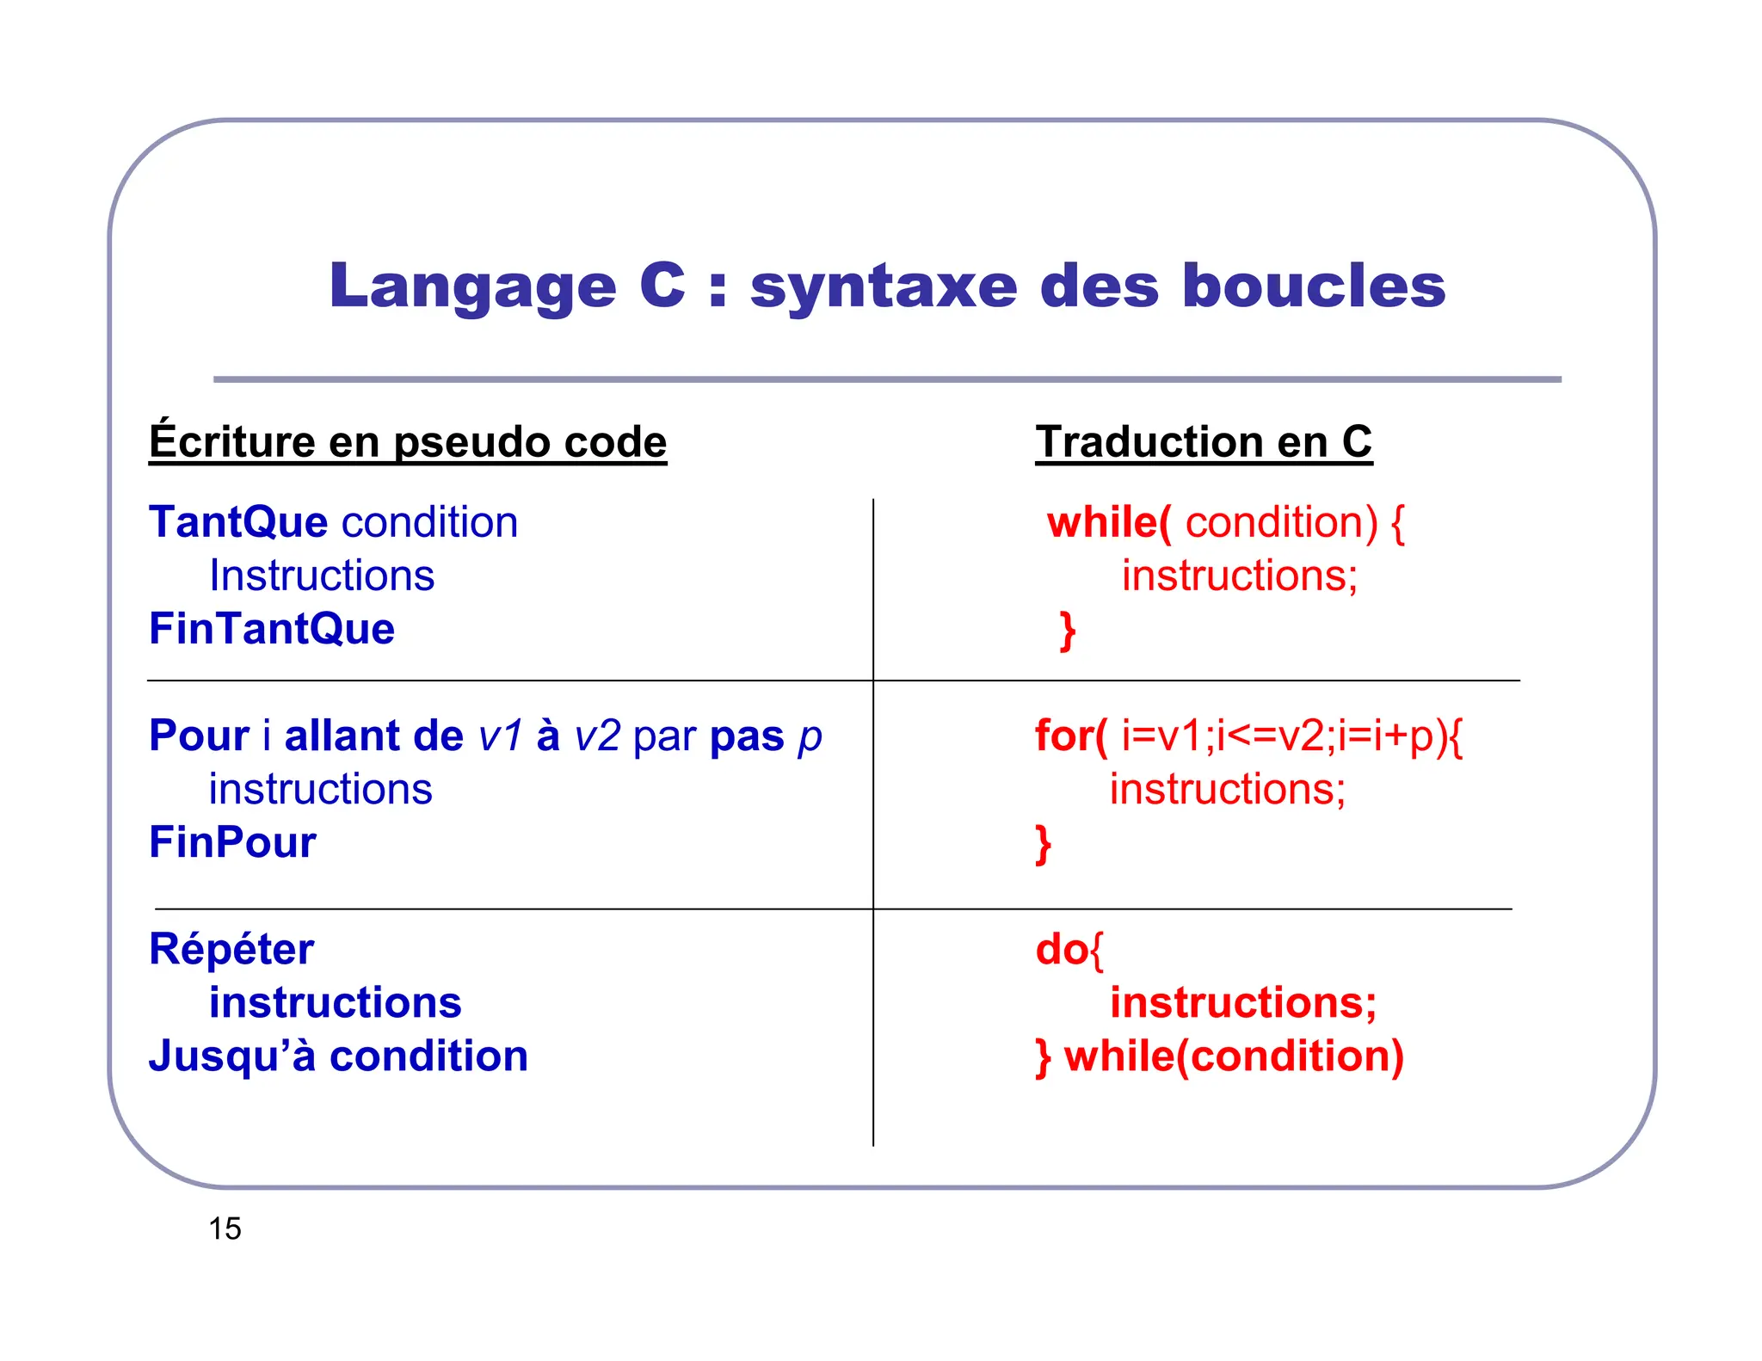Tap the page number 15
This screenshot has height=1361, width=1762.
point(225,1229)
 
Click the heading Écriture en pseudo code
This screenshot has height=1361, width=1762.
point(408,442)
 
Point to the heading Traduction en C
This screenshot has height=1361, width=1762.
point(1204,442)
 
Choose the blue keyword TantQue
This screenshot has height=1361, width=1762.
point(238,522)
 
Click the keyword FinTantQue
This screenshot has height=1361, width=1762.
point(272,629)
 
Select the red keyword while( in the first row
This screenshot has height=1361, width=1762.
point(1108,522)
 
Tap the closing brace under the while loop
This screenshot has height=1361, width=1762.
point(1068,631)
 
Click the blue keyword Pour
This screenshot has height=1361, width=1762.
point(199,736)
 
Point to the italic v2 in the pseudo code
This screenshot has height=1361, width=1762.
point(596,736)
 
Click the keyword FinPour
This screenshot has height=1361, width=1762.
point(232,842)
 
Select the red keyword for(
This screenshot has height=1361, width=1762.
point(1071,736)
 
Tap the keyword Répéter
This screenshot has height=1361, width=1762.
point(231,950)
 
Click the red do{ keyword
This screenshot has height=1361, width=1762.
point(1069,950)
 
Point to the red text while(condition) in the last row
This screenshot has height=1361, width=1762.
point(1234,1056)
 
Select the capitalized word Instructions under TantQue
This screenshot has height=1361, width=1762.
point(322,576)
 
